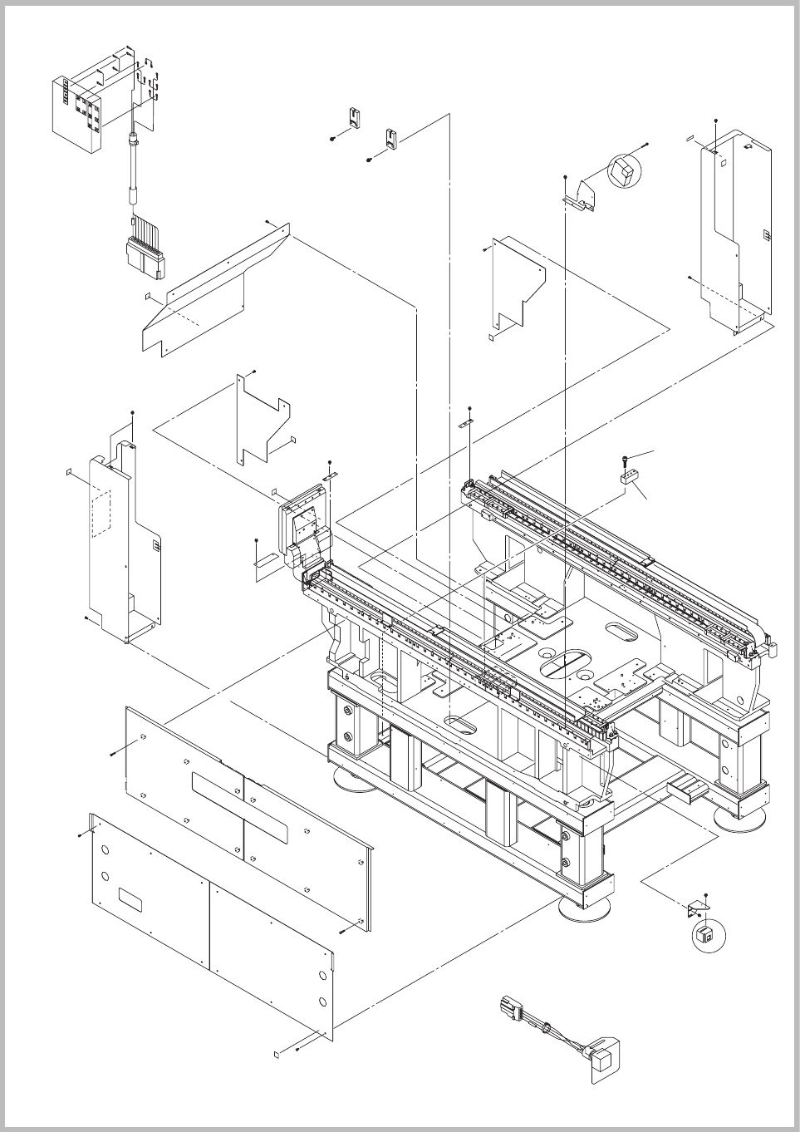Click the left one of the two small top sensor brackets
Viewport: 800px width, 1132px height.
355,116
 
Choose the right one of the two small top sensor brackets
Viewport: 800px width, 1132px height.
392,137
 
